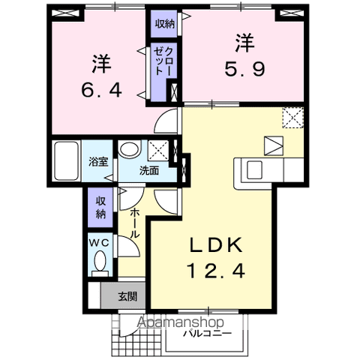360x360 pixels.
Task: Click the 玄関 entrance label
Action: click(x=127, y=295)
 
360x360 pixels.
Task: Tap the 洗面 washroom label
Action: click(x=148, y=170)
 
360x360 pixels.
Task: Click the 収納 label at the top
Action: click(x=165, y=23)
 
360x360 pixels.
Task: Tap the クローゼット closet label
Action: click(x=163, y=59)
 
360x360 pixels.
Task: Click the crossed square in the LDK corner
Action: click(x=292, y=118)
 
